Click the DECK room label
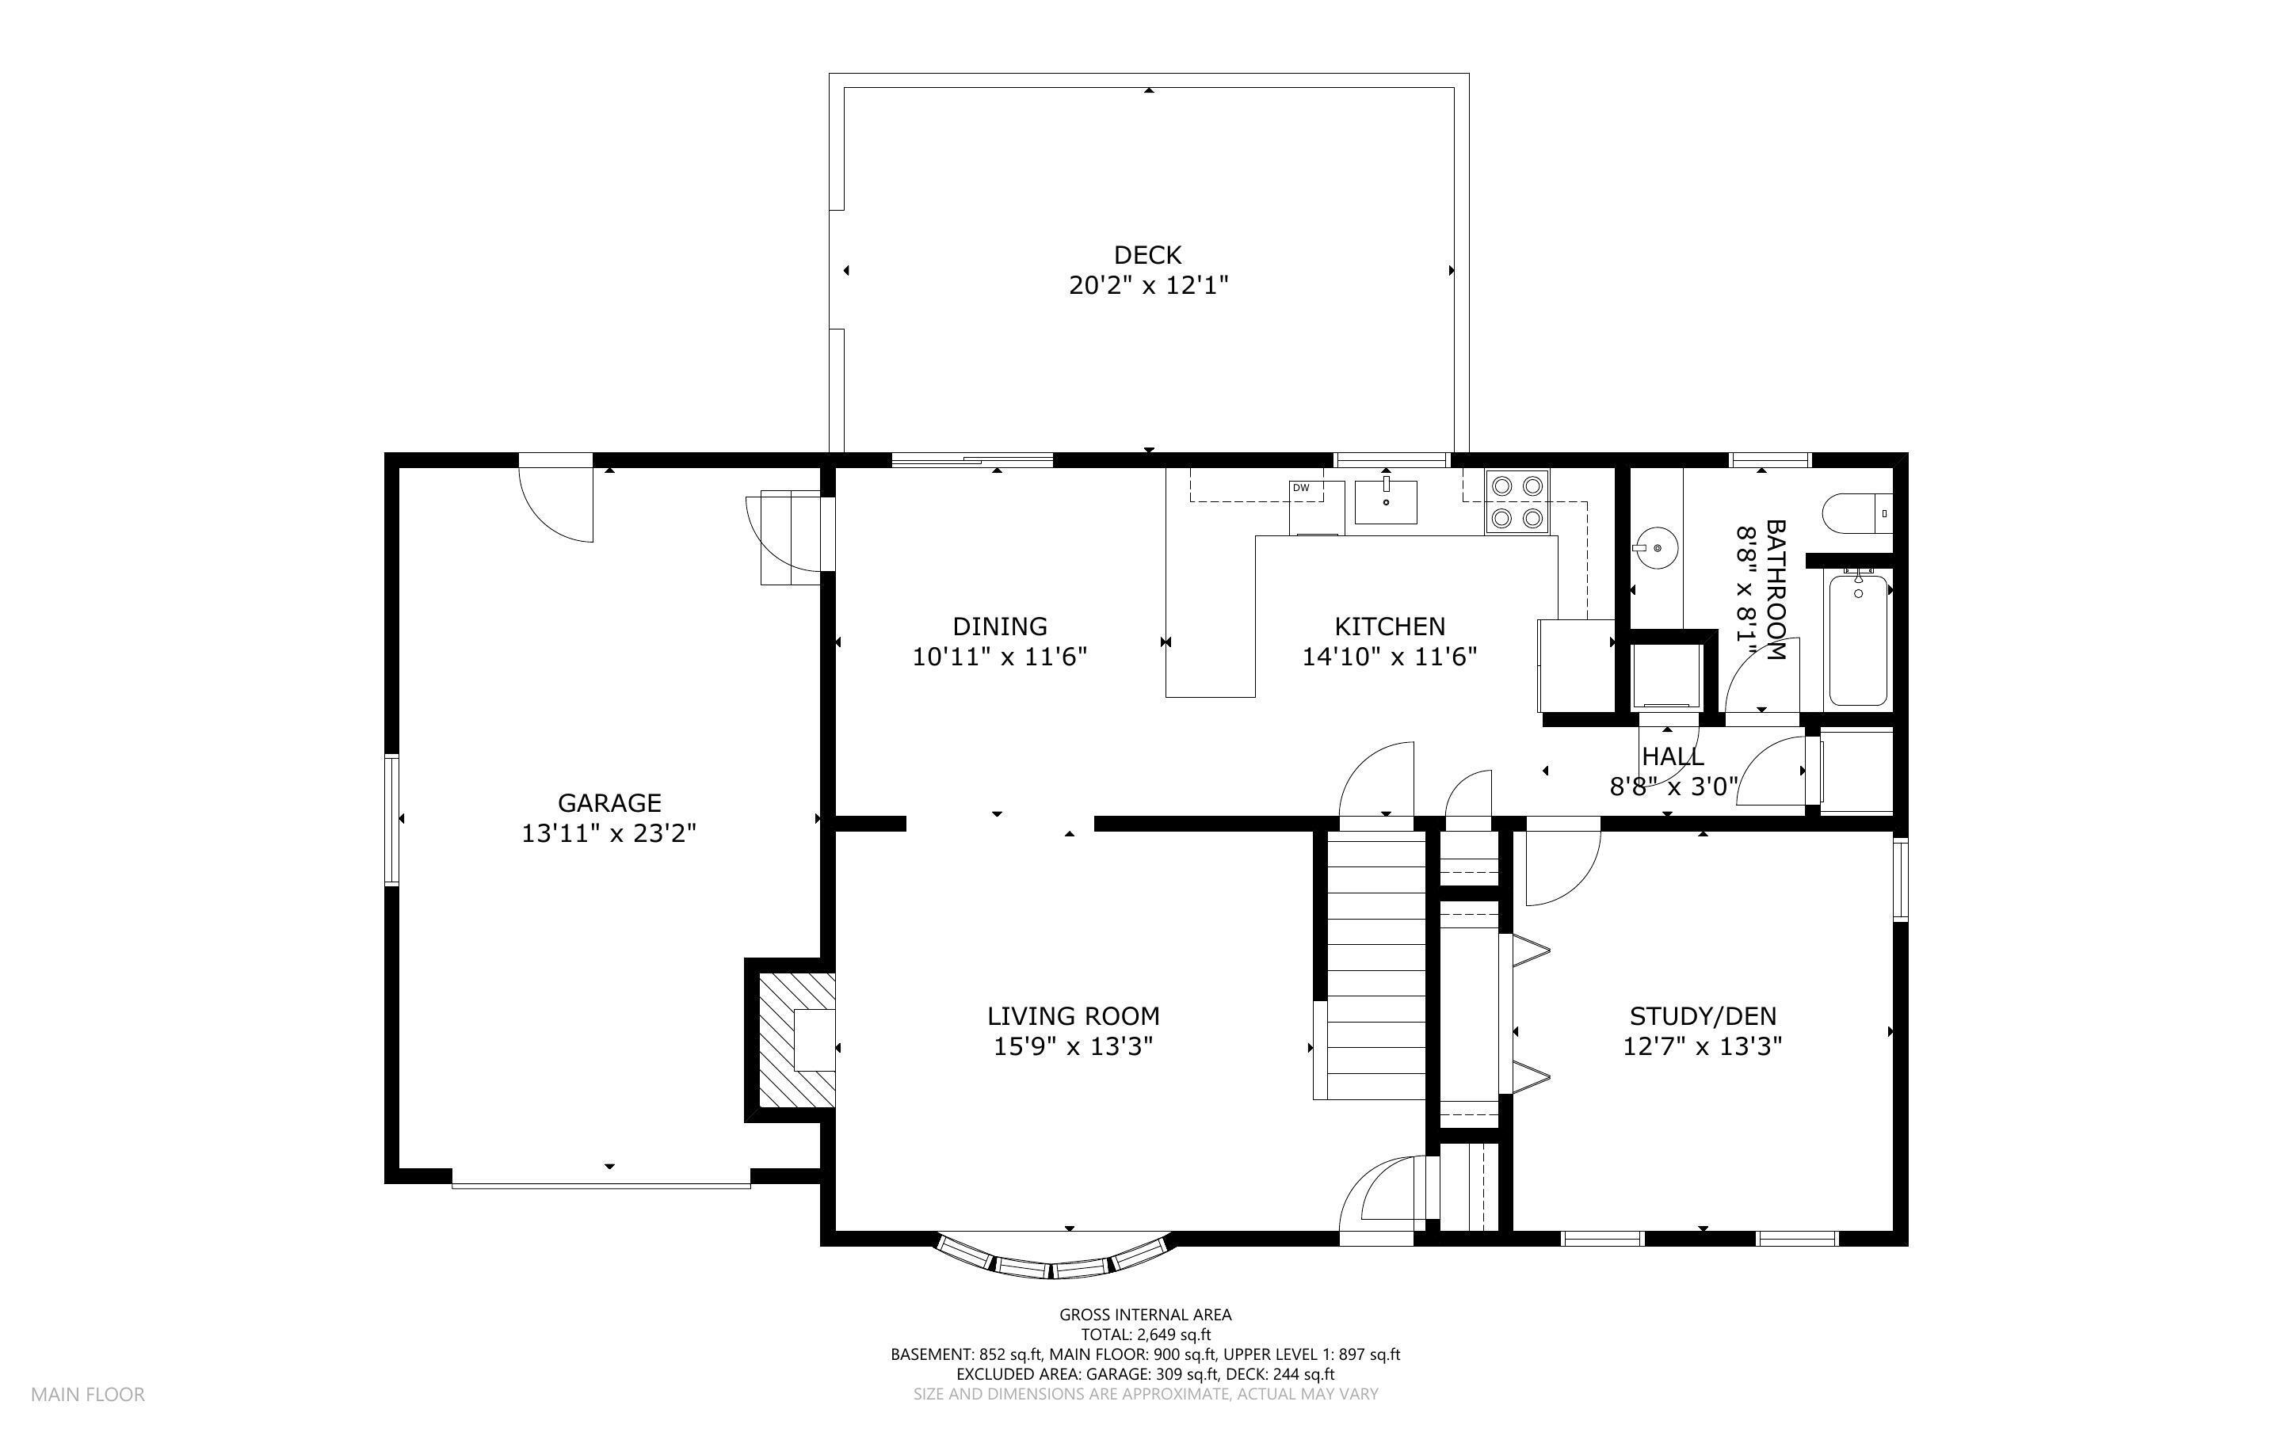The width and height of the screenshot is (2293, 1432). pyautogui.click(x=1147, y=255)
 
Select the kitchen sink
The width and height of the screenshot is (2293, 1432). pyautogui.click(x=1386, y=502)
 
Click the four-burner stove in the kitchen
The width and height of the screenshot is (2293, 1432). pyautogui.click(x=1517, y=502)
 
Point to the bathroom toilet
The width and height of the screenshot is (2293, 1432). pyautogui.click(x=1857, y=514)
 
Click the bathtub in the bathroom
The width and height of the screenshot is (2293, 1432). pyautogui.click(x=1858, y=638)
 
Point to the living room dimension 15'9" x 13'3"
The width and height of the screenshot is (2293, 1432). pyautogui.click(x=1073, y=1046)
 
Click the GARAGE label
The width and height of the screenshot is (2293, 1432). pyautogui.click(x=609, y=803)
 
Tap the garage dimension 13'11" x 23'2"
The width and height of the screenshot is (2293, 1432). pyautogui.click(x=609, y=833)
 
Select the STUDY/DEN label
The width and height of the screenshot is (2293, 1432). pyautogui.click(x=1703, y=1016)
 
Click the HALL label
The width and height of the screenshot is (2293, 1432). pyautogui.click(x=1673, y=756)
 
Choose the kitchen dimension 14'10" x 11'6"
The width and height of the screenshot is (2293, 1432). pyautogui.click(x=1390, y=657)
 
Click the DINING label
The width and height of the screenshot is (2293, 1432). pyautogui.click(x=999, y=626)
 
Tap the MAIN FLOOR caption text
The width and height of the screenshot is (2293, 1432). pyautogui.click(x=88, y=1394)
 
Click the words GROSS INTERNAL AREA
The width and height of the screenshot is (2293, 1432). pyautogui.click(x=1145, y=1315)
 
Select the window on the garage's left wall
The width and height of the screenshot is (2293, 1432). pyautogui.click(x=391, y=819)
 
